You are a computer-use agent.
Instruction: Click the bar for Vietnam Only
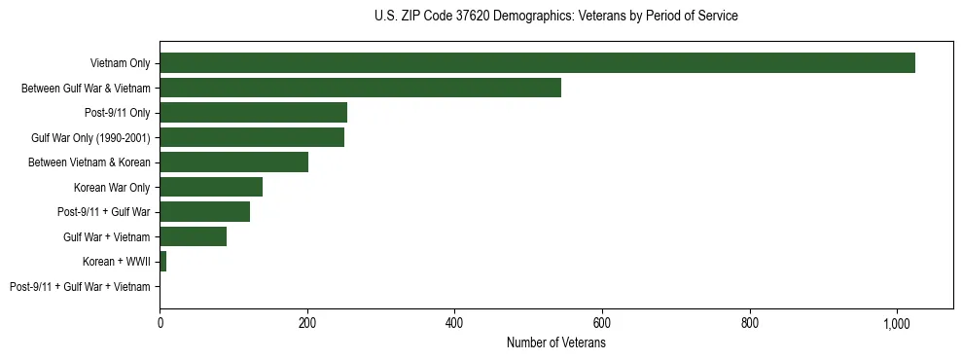click(x=537, y=63)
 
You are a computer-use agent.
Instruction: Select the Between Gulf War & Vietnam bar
click(x=360, y=88)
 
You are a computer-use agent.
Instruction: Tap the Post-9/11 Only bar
click(x=253, y=113)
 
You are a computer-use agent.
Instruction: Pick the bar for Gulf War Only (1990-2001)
click(x=252, y=137)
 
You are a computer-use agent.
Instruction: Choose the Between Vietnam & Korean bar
click(x=233, y=162)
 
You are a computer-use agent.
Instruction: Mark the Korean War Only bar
click(x=211, y=187)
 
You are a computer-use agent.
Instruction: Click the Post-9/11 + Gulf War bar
click(x=204, y=212)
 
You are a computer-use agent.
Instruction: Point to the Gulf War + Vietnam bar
click(x=193, y=236)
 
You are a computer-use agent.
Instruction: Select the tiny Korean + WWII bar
click(x=163, y=262)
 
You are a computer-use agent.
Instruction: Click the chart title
click(x=555, y=17)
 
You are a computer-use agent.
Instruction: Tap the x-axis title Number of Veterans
click(x=555, y=343)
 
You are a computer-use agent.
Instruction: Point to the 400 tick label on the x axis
click(x=454, y=322)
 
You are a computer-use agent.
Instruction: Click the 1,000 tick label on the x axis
click(x=897, y=322)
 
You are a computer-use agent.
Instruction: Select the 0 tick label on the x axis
click(x=160, y=322)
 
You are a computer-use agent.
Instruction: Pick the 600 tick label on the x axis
click(x=602, y=322)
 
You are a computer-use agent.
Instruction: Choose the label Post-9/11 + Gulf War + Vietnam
click(x=80, y=287)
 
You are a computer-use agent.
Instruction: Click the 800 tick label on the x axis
click(x=750, y=322)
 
